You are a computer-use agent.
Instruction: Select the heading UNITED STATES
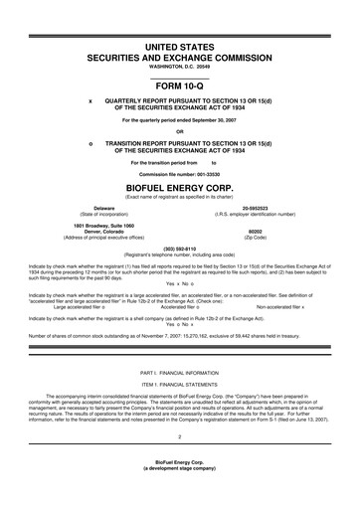(180, 48)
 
